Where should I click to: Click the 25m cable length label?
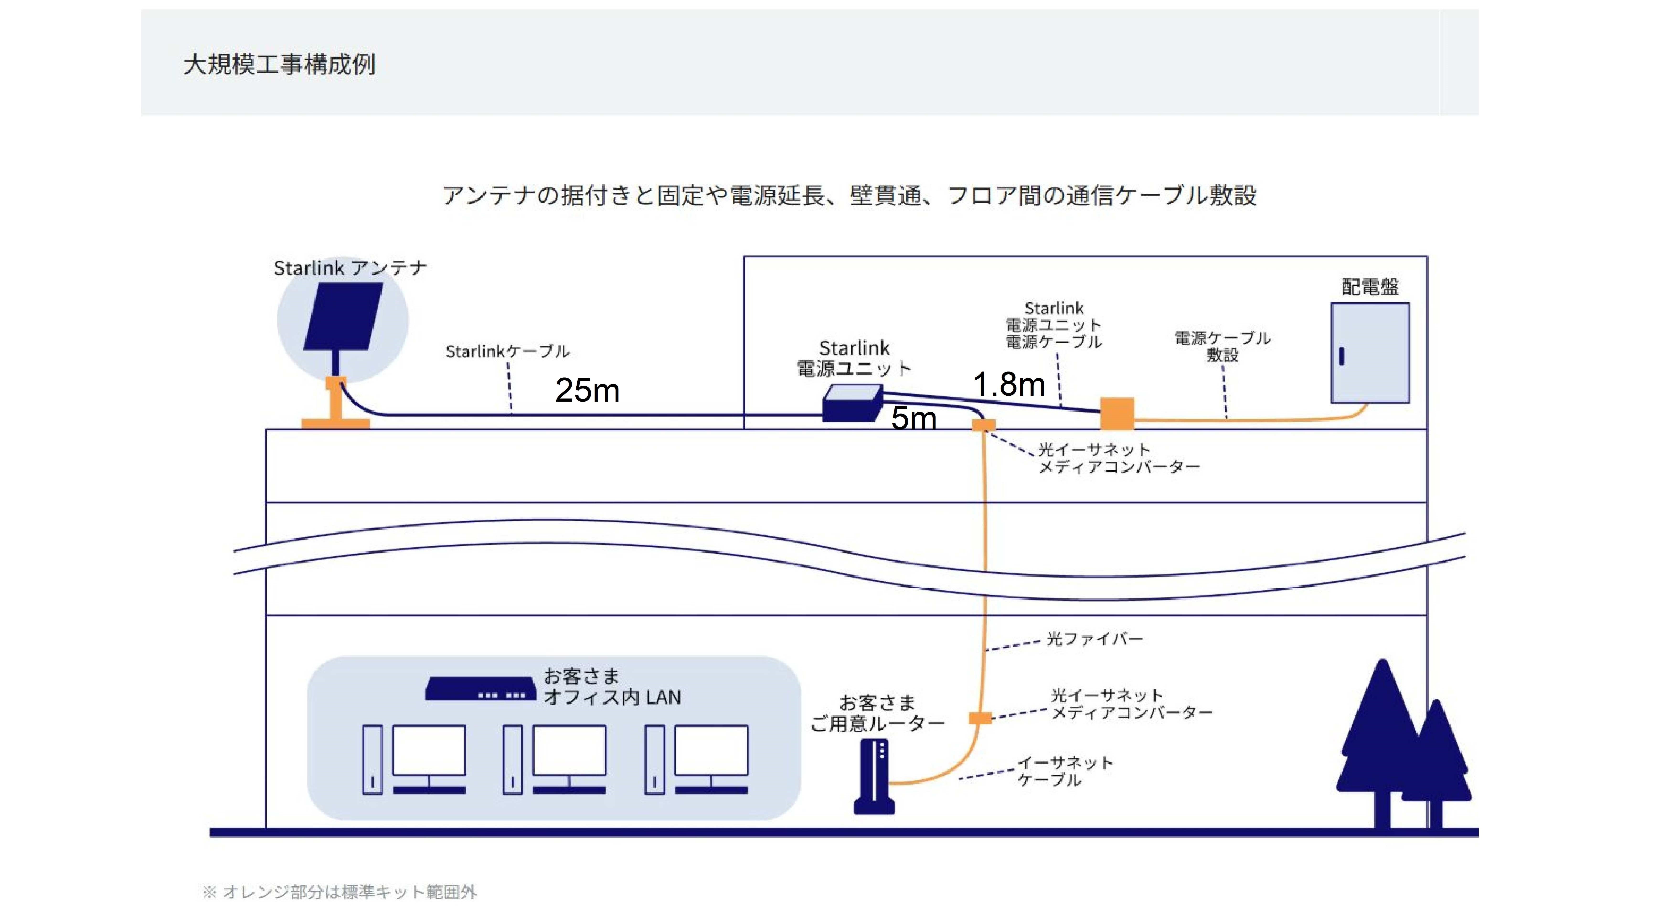click(587, 391)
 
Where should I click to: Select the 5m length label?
click(914, 418)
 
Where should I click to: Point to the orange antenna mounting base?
click(335, 403)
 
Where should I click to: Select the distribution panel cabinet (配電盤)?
click(1370, 353)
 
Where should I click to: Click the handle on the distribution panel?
click(1341, 356)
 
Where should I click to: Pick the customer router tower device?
click(874, 776)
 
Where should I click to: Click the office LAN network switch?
click(480, 689)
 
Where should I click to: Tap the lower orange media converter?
click(981, 718)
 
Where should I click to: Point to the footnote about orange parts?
click(340, 892)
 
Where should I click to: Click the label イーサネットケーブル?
click(1065, 771)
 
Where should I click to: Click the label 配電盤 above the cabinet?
click(1370, 287)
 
